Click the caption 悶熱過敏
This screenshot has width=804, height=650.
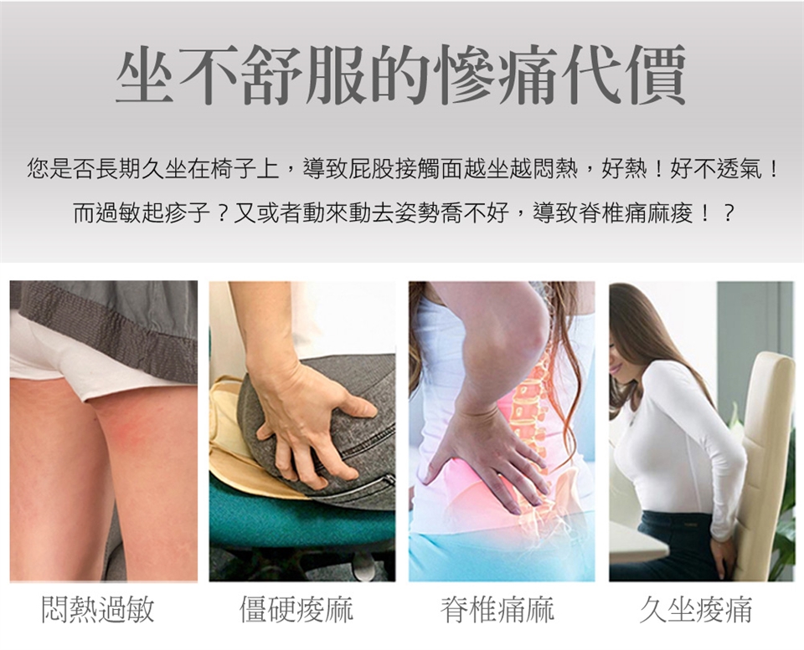(x=98, y=610)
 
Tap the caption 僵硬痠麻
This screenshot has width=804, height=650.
(x=296, y=610)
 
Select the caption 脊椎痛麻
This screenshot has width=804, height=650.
(x=497, y=610)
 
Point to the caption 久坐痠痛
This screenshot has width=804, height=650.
(x=696, y=610)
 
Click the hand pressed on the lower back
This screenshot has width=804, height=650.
(x=487, y=456)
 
